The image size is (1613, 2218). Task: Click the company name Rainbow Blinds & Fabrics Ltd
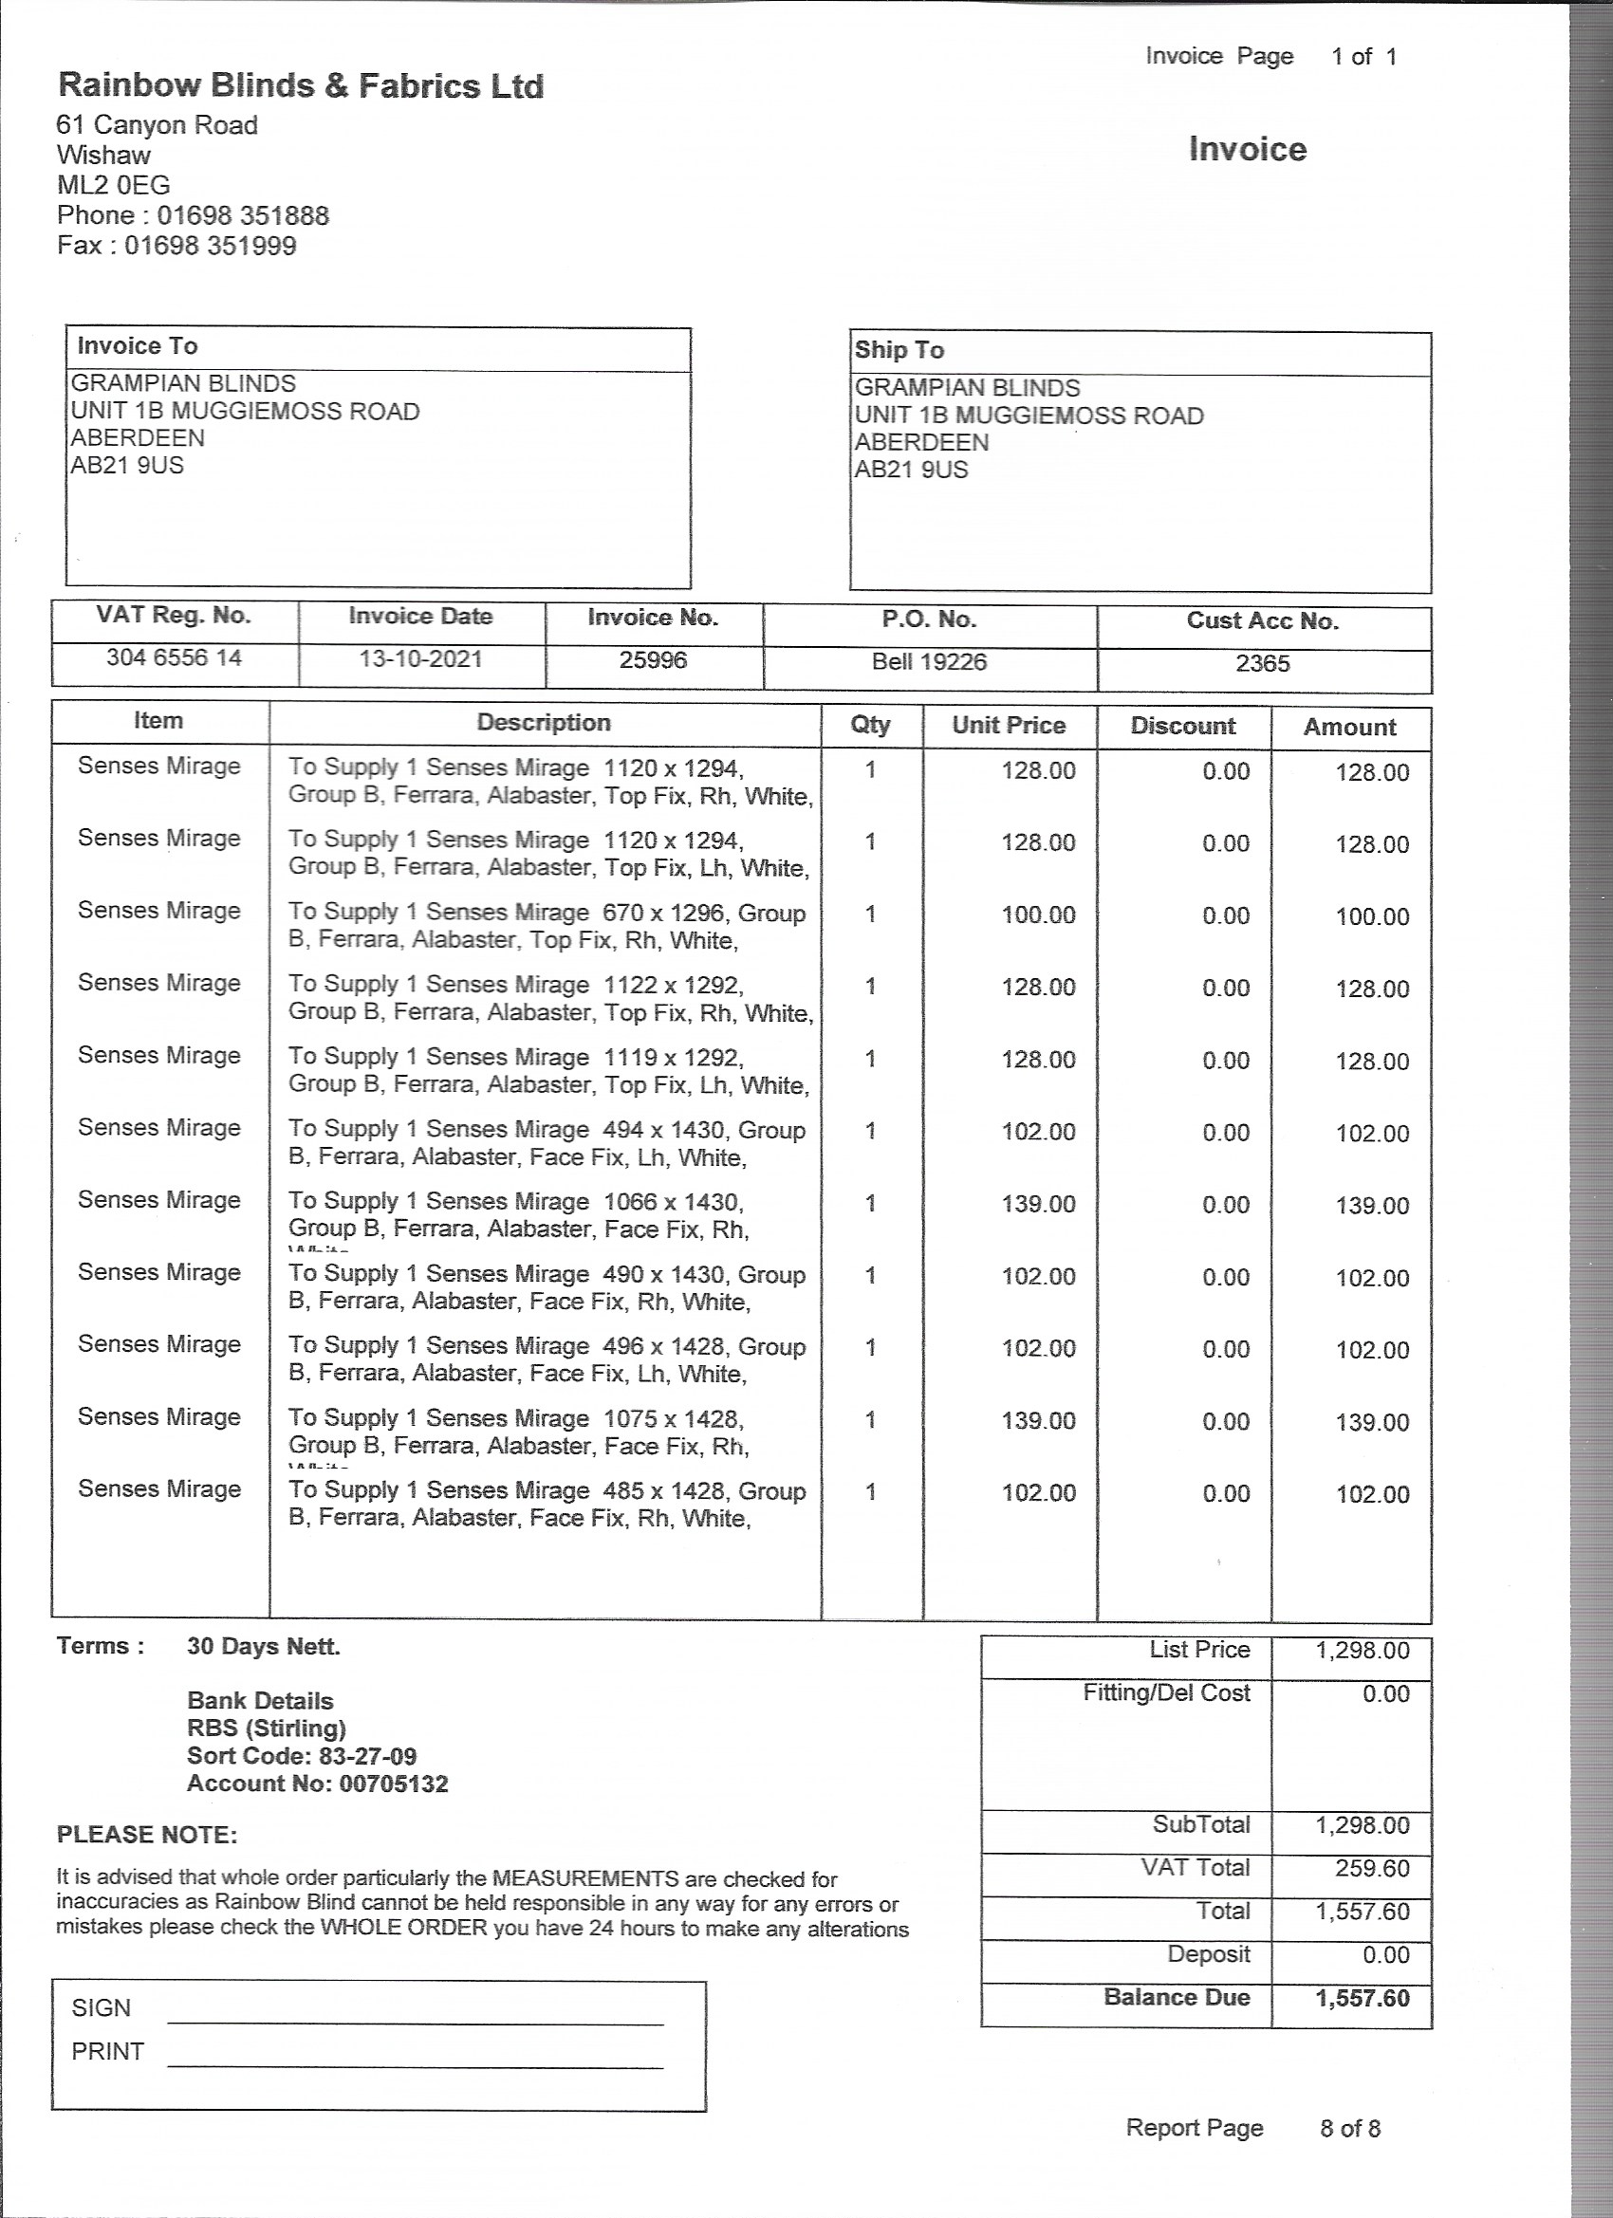(300, 86)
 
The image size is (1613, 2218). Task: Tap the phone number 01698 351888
(243, 215)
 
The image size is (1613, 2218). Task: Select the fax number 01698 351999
(210, 246)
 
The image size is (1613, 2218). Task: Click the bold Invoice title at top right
(1247, 150)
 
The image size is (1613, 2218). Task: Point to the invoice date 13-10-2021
(420, 658)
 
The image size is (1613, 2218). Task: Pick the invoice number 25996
(653, 660)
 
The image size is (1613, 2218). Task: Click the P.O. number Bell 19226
(928, 662)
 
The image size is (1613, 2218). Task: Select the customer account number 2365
(1262, 664)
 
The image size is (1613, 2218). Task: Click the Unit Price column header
(1009, 725)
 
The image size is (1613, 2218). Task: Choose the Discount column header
(1182, 726)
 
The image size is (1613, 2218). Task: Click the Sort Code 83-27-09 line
(302, 1755)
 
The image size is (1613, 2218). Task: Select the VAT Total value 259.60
(1371, 1868)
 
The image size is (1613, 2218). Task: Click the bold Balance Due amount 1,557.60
(1362, 1998)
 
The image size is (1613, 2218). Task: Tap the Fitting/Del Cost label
(1166, 1692)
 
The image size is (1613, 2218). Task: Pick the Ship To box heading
(899, 350)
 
